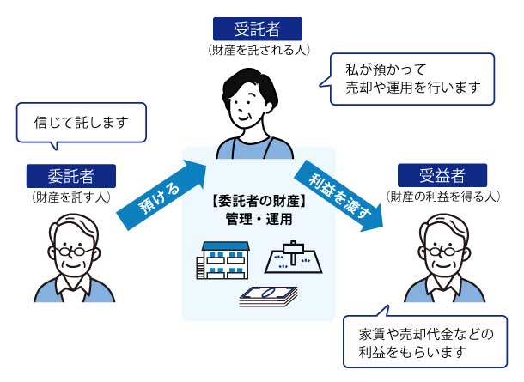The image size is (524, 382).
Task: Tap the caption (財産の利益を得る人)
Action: click(442, 197)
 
